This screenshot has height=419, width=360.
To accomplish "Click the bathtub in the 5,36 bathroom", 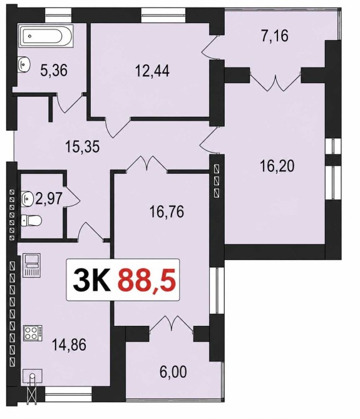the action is (46, 36).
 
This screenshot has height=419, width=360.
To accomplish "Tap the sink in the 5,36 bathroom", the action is (24, 64).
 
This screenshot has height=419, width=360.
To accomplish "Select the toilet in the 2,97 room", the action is (31, 221).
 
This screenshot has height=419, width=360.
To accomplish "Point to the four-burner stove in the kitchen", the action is (33, 333).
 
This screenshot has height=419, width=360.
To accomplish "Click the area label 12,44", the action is (152, 71).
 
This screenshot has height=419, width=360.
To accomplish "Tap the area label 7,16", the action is (275, 36).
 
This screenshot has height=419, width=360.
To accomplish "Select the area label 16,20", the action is (277, 166).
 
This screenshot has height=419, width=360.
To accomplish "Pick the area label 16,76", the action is (167, 212).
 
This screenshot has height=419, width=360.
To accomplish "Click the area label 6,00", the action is (173, 371).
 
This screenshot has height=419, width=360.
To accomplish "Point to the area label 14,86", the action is (69, 345).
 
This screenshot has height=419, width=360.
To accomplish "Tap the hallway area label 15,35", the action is (83, 146).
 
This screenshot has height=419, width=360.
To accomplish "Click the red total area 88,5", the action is (147, 280).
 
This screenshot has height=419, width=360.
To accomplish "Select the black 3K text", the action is (91, 280).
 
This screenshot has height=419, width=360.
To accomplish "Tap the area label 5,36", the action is (54, 71).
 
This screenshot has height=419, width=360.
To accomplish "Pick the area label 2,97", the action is (49, 198).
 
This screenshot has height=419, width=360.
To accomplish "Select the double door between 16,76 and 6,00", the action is (171, 324).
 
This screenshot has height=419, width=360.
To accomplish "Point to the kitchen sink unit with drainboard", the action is (32, 265).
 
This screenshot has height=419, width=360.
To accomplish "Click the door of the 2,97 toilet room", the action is (71, 196).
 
